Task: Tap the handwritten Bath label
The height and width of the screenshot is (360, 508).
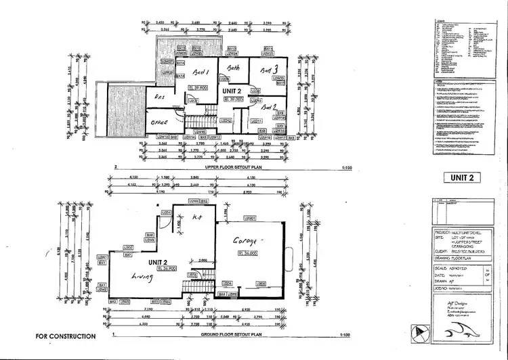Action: tap(234, 68)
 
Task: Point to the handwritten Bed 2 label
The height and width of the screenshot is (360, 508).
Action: tap(270, 107)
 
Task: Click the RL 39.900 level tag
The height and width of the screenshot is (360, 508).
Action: tap(200, 88)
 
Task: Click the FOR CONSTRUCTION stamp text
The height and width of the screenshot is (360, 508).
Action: tap(66, 336)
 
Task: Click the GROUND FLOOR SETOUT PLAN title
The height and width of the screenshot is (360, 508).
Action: tap(232, 335)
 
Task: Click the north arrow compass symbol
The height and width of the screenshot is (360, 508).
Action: tap(421, 333)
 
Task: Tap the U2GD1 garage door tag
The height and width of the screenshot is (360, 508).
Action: tap(250, 218)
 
